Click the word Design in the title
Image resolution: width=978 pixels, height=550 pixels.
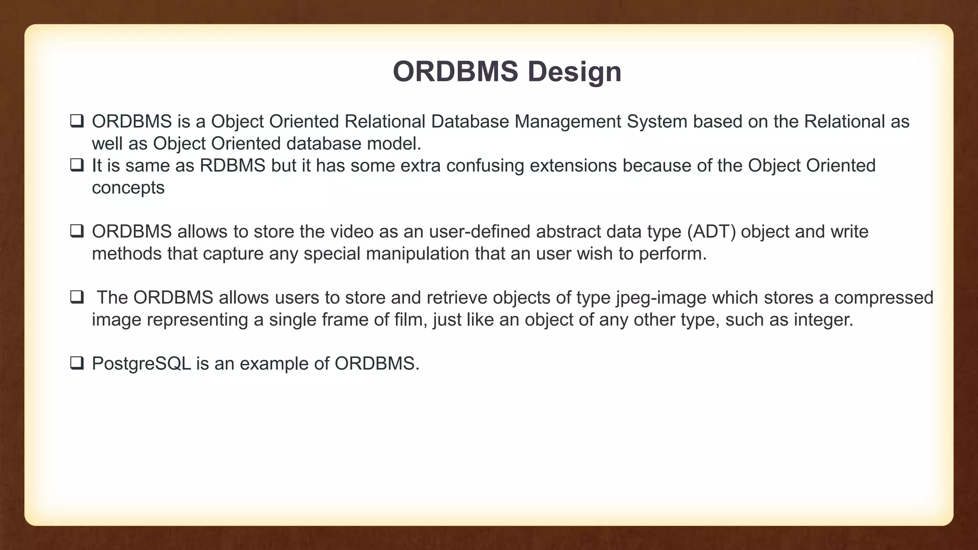click(x=574, y=72)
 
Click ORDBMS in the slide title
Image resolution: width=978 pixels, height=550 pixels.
click(x=455, y=72)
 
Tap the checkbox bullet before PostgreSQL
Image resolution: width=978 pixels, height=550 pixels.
click(x=76, y=363)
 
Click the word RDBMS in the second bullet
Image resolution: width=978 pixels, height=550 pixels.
click(x=232, y=166)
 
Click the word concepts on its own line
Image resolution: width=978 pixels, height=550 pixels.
click(x=128, y=188)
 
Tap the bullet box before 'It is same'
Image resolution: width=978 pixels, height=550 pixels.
click(x=76, y=166)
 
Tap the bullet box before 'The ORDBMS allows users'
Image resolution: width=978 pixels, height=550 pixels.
click(x=76, y=297)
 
